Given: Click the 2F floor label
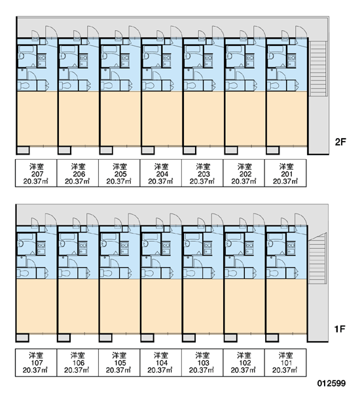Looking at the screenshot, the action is coord(340,142).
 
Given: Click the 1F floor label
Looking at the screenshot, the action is coord(340,329).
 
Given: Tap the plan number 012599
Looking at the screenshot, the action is coord(331,383).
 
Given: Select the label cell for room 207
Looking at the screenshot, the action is coord(36,173).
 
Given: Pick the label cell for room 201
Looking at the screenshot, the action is coord(285,173).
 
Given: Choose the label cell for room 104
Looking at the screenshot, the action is coord(161,362).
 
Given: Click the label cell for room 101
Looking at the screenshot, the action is coord(285,362).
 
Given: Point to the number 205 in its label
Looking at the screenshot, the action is coord(119,174).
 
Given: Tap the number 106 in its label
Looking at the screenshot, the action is coord(78,363).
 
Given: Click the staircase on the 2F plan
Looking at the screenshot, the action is coord(318,69).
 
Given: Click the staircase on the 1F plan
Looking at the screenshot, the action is coord(317,258).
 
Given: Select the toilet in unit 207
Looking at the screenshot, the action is coord(24,86).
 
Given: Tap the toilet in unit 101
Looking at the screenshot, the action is coord(272,273).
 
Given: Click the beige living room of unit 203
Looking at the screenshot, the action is coord(203,119).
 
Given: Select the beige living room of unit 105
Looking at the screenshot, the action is coord(120,306).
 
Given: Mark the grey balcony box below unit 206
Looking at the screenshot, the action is coord(64,151).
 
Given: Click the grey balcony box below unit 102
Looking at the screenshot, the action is coord(230,338).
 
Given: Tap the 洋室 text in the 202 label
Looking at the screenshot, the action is coord(244,166).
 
